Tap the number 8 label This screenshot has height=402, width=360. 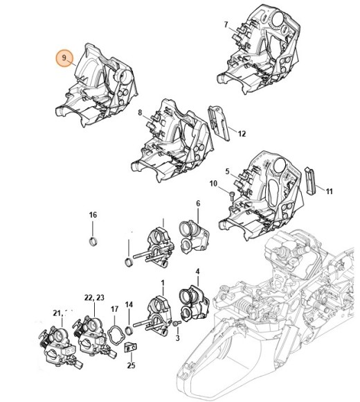pos(140,112)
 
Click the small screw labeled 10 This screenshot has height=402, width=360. pos(231,198)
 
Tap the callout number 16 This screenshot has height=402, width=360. pos(93,216)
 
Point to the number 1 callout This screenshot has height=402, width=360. pos(163,283)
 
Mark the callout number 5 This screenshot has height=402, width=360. pos(226,171)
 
